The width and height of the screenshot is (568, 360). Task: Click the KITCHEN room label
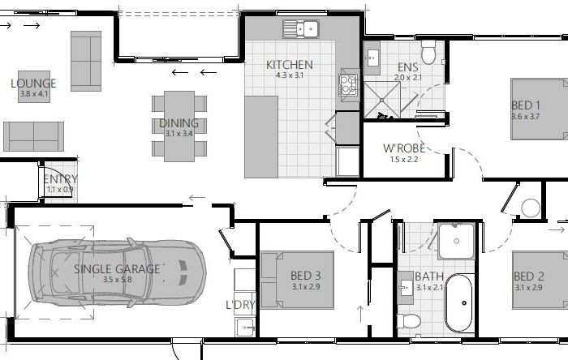coord(290,65)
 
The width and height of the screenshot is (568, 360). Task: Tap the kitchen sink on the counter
coord(301,29)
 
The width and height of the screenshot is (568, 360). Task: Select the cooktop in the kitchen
coord(348,85)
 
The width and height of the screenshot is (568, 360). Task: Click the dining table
coord(179,126)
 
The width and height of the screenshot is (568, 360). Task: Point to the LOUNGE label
coord(33,84)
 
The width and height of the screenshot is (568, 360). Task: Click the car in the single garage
coord(118,272)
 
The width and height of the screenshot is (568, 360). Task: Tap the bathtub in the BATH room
coord(458,302)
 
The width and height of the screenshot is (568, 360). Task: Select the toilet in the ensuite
coord(428,52)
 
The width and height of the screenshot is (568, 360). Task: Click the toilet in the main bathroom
coord(409,320)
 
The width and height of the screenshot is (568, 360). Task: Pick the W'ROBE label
coord(404,148)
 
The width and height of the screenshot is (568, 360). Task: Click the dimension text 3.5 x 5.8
coord(118,280)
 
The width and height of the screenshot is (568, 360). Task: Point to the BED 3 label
coord(306,276)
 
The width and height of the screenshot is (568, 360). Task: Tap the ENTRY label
coord(60,179)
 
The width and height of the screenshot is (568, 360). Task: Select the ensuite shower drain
coord(382,101)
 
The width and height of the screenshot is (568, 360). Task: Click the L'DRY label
coord(240,305)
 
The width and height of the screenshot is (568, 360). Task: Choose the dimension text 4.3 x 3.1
coord(290,75)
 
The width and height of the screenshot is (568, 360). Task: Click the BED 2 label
coord(529,276)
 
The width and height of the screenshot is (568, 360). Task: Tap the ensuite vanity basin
coord(372,58)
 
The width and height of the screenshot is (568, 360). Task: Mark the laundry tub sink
coord(246,327)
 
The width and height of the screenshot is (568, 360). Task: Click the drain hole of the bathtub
coord(464,303)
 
